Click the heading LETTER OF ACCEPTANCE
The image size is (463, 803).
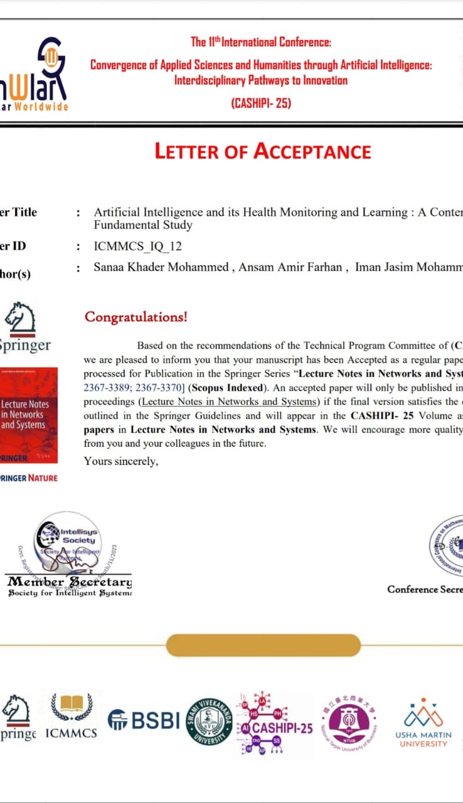[x=263, y=152]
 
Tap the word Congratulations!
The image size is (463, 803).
[x=136, y=317]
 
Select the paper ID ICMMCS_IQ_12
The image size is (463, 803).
[x=137, y=246]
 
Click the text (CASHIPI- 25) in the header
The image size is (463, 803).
[x=261, y=103]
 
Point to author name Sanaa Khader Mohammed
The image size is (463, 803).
[x=161, y=267]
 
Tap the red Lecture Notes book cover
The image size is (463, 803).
[x=29, y=415]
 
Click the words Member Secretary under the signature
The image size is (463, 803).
[x=69, y=581]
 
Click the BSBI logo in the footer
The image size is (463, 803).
[x=144, y=720]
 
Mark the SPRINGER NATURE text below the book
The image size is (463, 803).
[x=28, y=478]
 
